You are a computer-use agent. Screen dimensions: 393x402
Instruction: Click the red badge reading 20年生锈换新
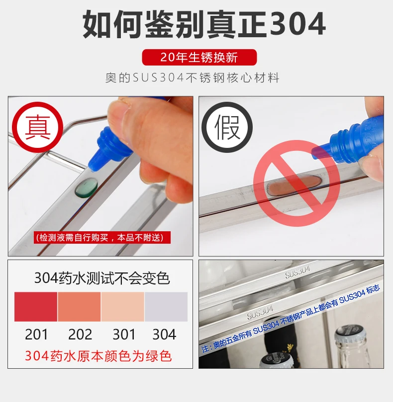point(199,57)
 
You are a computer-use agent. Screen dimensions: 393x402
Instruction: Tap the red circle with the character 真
point(37,127)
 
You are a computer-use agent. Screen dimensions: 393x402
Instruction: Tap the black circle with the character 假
point(227,127)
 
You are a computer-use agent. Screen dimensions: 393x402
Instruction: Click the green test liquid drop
point(86,188)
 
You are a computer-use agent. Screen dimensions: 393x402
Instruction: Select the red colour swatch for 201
point(36,307)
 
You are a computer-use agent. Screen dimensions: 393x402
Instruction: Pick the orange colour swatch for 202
point(79,307)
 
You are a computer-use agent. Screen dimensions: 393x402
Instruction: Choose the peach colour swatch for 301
point(123,307)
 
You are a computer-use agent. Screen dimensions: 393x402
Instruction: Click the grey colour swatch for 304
point(166,307)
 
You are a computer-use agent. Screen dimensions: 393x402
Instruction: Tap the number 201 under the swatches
point(36,335)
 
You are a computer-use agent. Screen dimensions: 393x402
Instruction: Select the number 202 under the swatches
point(80,335)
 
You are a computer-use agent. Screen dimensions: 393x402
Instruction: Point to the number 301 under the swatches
point(124,335)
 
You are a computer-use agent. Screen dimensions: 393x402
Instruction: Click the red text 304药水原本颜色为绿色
point(98,356)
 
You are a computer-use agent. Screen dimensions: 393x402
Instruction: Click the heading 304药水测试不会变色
point(102,278)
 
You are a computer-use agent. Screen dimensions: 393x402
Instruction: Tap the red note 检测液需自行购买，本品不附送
point(102,238)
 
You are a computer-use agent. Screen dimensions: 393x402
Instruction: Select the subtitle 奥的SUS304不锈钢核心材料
point(192,78)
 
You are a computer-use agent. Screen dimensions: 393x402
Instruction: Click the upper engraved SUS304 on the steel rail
point(297,272)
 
